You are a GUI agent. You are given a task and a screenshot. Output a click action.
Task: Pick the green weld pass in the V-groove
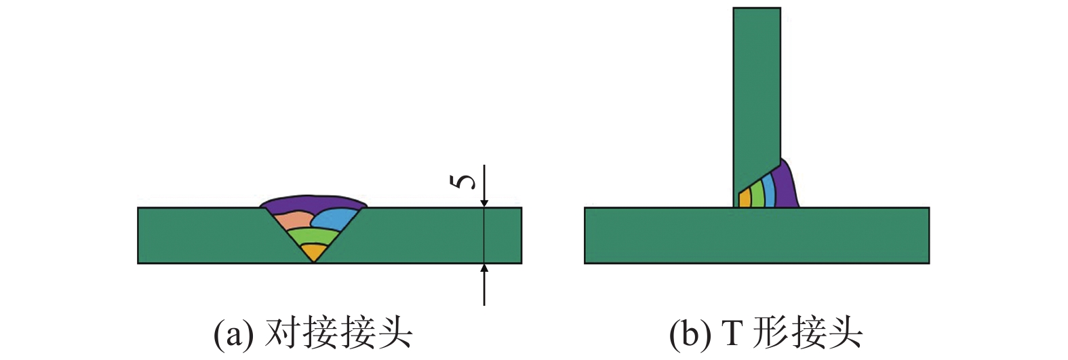313,237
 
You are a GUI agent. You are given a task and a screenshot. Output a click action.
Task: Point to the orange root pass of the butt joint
313,253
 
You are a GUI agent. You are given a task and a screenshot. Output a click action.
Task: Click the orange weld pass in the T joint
744,199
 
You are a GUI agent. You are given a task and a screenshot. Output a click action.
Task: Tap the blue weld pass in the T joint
768,190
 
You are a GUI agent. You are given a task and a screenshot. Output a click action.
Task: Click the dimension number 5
463,181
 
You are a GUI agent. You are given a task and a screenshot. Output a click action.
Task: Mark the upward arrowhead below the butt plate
484,269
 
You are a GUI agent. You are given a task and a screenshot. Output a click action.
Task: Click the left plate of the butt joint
203,235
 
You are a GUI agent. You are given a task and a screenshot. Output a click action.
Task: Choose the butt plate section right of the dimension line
503,235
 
